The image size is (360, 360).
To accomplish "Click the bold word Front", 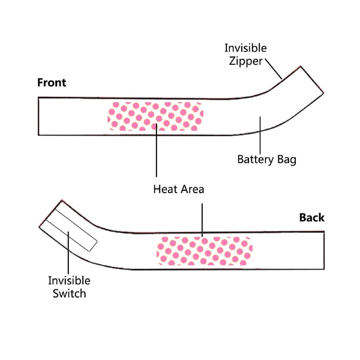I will pos(52,83).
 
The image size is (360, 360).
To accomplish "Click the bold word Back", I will pos(311,218).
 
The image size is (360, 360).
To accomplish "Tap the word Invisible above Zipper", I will pos(245,48).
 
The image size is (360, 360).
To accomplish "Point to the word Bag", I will pos(287,159).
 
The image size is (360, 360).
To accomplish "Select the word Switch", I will pos(69,294).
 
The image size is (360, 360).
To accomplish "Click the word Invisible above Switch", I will pos(69,281).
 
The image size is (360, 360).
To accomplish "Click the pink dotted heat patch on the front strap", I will pos(155,116).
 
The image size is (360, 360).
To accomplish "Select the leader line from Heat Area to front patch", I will pos(156,153).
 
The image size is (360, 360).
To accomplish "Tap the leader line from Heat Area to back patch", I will pos(202,220).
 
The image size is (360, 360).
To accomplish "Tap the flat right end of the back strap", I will pos(324,250).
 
